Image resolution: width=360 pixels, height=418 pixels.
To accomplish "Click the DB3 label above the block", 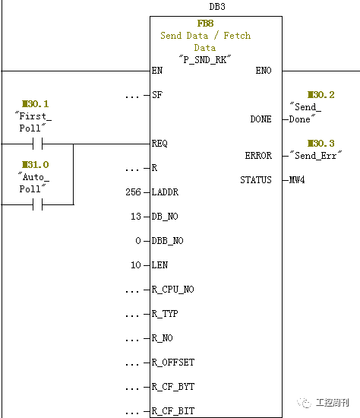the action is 217,6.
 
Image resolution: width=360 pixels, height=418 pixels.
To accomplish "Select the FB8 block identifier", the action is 205,24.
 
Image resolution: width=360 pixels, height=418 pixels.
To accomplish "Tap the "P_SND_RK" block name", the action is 205,59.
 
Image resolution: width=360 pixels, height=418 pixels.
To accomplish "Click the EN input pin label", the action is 157,71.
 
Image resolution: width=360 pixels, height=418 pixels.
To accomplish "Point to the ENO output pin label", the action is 264,71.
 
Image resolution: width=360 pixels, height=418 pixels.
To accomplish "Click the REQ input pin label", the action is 159,144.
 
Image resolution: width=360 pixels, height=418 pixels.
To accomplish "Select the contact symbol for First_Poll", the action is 37,144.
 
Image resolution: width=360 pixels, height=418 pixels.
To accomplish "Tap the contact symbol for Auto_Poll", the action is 37,204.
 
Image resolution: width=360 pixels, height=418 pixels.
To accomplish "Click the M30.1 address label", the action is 35,103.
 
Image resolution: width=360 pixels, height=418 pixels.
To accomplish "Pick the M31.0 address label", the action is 35,164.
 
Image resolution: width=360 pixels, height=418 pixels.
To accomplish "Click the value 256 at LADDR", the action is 133,192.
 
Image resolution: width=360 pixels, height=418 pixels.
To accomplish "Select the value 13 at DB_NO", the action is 136,217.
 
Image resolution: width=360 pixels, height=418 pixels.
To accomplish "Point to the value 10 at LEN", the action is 136,265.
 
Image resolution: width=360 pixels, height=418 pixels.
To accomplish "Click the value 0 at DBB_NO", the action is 138,241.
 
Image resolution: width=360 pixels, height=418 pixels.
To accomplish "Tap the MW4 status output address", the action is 297,180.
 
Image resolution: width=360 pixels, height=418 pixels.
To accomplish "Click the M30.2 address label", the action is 321,95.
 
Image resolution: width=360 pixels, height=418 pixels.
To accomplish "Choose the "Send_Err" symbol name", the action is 316,155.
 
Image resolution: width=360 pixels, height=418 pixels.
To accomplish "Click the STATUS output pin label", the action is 256,180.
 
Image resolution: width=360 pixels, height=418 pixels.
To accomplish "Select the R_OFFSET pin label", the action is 173,363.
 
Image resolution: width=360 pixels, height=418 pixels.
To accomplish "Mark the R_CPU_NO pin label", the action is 173,290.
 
